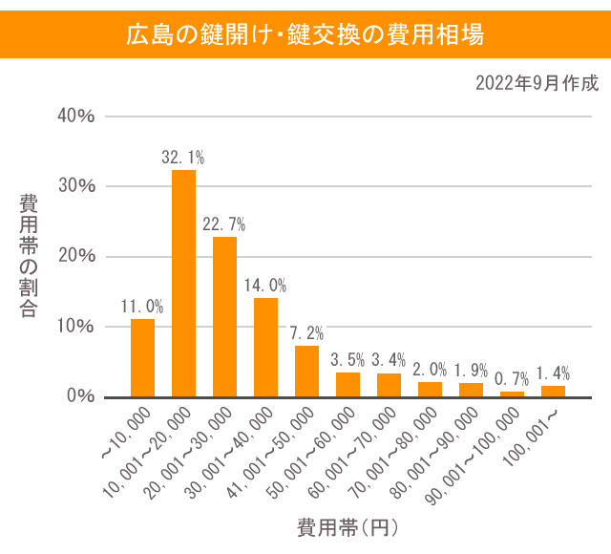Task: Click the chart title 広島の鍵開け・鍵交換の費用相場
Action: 305,35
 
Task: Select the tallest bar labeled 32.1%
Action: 183,283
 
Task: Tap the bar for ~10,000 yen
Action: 142,357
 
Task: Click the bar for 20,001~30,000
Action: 224,316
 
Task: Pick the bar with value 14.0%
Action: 265,347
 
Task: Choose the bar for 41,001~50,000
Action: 306,371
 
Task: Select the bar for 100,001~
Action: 553,391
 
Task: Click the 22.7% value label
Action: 224,224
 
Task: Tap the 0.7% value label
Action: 512,379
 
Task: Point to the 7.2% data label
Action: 306,333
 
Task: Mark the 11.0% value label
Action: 142,307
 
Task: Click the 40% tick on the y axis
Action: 76,116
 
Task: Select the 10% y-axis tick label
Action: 76,326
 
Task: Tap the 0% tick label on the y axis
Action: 80,395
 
